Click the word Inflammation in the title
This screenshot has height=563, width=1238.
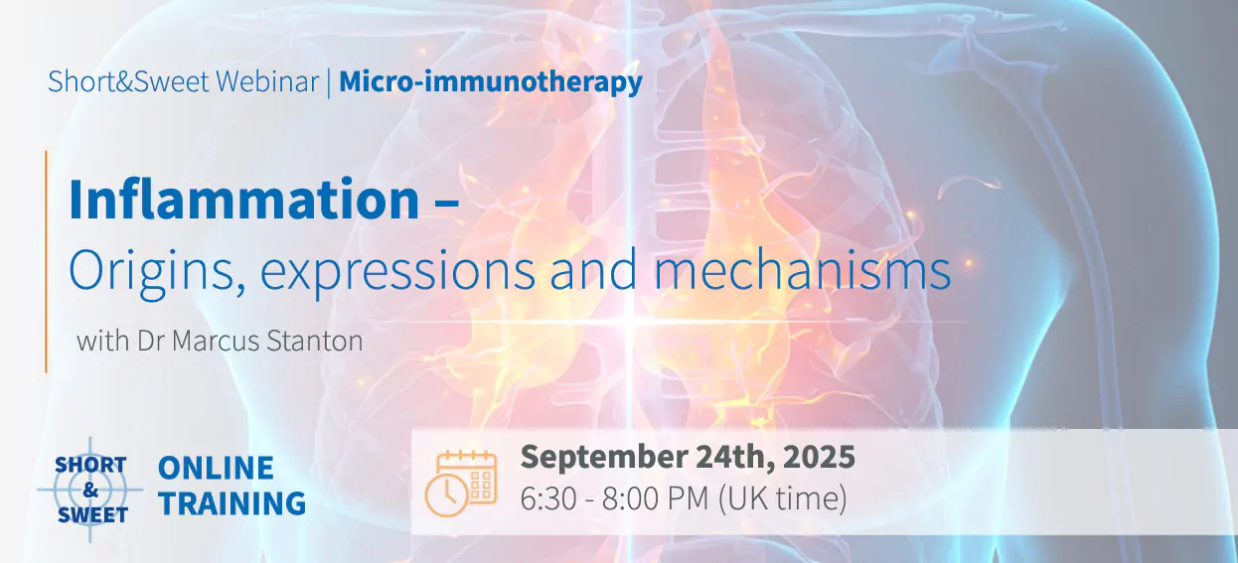(243, 201)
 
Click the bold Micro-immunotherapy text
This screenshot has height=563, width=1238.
(491, 81)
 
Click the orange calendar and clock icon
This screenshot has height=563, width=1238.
(461, 482)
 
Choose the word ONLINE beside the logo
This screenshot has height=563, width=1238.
(216, 468)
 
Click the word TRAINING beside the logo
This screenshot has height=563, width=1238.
(232, 504)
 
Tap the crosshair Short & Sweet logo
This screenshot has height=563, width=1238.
(91, 490)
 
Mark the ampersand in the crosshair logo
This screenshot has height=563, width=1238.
(91, 490)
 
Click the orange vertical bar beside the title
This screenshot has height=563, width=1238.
(47, 261)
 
